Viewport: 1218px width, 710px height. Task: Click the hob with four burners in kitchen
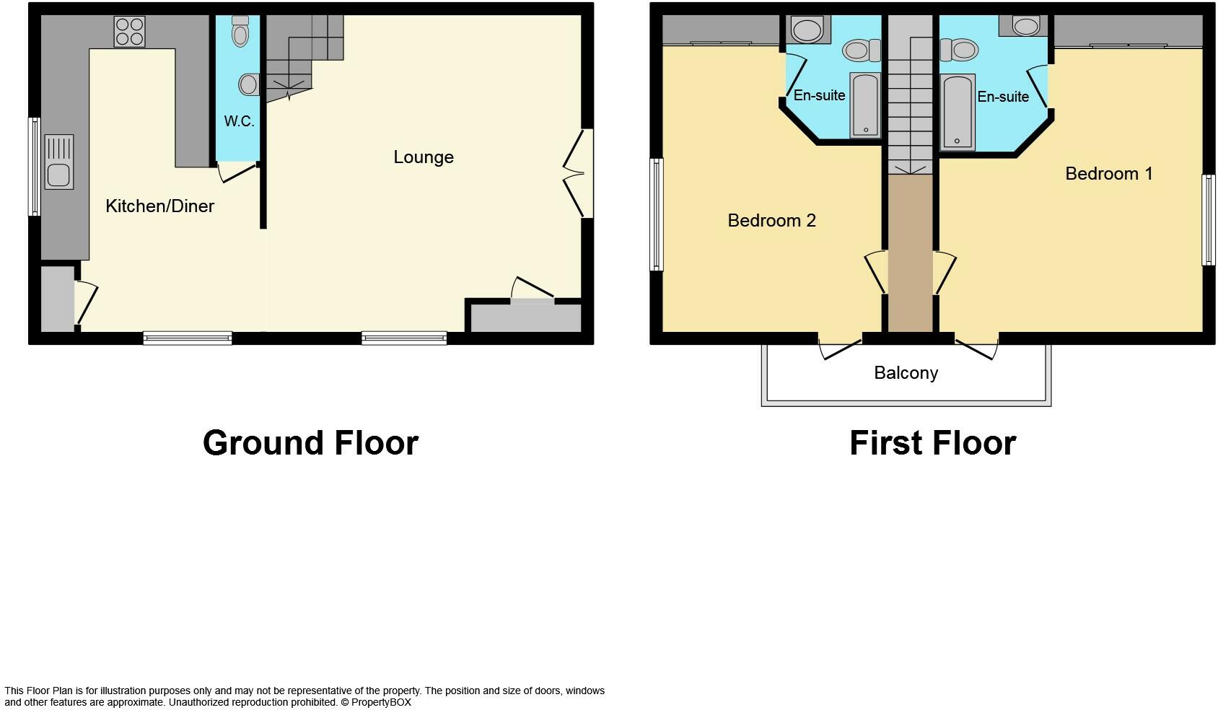(x=129, y=31)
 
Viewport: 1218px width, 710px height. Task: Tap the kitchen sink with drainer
(x=58, y=162)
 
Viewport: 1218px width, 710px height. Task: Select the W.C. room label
(x=239, y=121)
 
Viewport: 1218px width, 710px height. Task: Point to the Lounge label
(x=424, y=157)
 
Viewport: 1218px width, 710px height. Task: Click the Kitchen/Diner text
(x=159, y=206)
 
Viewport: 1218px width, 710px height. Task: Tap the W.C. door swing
(x=235, y=172)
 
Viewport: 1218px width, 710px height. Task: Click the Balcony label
(x=906, y=373)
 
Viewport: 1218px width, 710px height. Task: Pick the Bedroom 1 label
(x=1108, y=174)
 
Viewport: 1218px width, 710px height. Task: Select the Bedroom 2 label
(x=771, y=221)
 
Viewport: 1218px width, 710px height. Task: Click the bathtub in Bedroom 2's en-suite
(x=865, y=104)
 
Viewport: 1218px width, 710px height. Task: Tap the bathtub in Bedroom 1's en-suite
(x=958, y=112)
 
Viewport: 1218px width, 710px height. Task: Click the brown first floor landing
(x=910, y=253)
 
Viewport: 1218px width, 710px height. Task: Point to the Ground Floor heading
(x=310, y=443)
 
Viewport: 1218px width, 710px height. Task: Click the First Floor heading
(x=932, y=443)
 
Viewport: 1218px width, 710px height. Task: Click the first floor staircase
(x=910, y=94)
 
